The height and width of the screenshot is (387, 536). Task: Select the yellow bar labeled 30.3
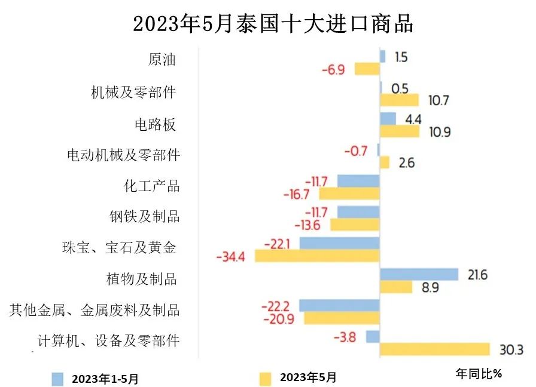(x=434, y=349)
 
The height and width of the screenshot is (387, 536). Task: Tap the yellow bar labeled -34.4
(x=317, y=256)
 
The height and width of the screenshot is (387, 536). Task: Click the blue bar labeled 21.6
(x=419, y=274)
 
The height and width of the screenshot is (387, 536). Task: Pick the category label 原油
(x=162, y=60)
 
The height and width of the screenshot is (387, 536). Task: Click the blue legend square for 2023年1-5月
(x=57, y=378)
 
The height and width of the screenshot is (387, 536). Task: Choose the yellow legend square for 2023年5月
(x=264, y=378)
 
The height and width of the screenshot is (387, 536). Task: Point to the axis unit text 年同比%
(x=478, y=374)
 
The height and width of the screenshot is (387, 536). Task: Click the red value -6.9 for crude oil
(x=333, y=70)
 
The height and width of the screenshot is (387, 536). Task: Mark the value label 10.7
(x=438, y=100)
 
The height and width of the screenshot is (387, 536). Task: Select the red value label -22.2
(x=276, y=306)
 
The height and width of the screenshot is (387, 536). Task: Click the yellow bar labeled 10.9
(x=400, y=131)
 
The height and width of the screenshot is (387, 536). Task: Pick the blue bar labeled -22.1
(x=339, y=243)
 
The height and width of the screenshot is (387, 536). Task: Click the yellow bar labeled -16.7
(x=349, y=193)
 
